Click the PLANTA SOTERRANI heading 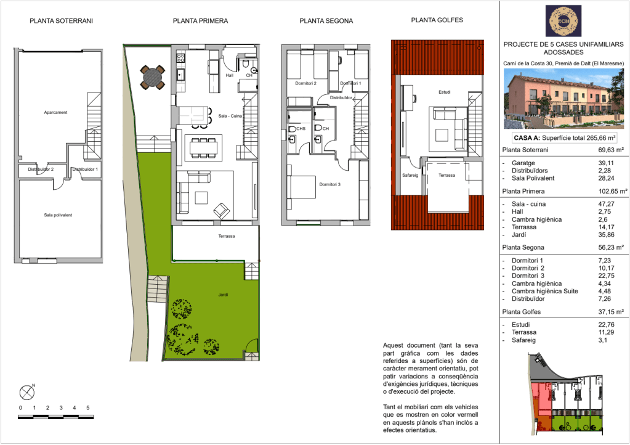click(61, 20)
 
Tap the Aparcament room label click(55, 113)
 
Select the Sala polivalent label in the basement click(58, 215)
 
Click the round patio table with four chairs click(153, 77)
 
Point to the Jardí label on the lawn click(223, 295)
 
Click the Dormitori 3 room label click(330, 184)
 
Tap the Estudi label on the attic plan click(445, 92)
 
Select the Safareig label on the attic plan click(410, 175)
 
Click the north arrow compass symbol click(27, 392)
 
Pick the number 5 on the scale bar click(87, 407)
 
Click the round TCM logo click(563, 21)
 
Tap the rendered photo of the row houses click(563, 99)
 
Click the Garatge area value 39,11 click(606, 163)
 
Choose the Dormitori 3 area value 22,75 click(606, 276)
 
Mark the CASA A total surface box click(565, 138)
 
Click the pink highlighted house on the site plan click(540, 399)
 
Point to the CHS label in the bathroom click(301, 129)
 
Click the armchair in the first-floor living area click(221, 210)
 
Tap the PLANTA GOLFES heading click(437, 20)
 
